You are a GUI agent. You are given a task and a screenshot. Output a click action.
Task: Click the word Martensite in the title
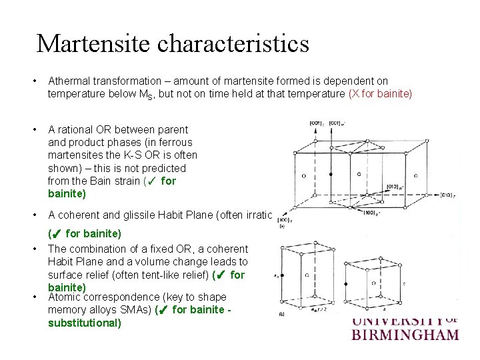coord(93,44)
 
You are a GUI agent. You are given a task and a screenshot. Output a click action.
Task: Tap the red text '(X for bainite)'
coord(380,94)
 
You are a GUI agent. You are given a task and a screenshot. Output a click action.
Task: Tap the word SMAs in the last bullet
coord(137,310)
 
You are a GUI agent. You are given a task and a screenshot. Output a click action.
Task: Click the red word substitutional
coord(85,323)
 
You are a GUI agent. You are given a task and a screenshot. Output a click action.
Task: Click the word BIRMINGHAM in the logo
coord(405,333)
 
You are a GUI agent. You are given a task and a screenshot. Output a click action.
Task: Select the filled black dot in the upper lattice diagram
coord(331,174)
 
